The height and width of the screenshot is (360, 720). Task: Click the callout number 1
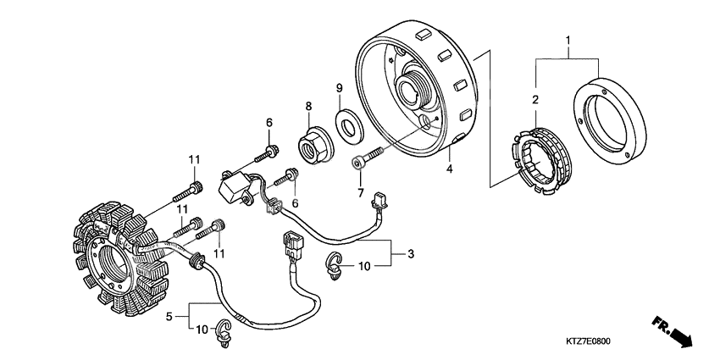568,39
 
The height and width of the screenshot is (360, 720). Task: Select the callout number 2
535,101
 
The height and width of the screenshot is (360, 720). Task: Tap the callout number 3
411,253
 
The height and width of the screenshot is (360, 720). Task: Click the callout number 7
360,193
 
